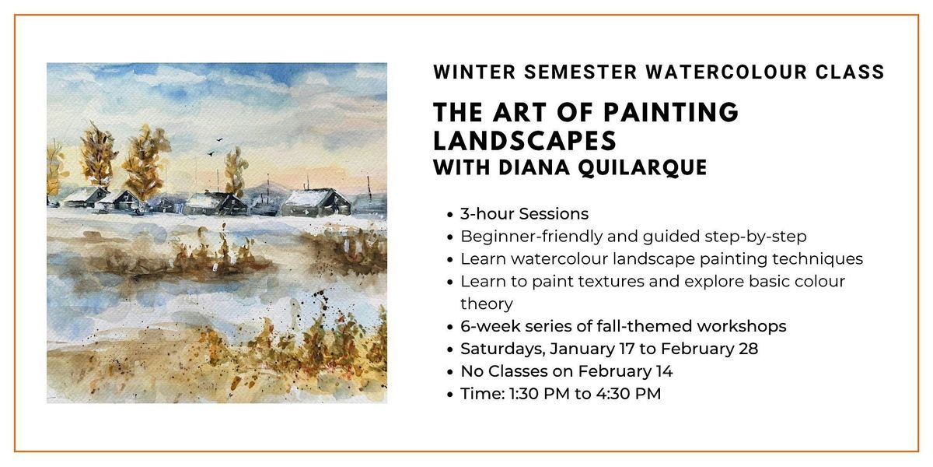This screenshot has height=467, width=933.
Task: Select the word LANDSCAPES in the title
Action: coord(525,140)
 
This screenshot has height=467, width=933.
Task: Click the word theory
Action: coord(486,304)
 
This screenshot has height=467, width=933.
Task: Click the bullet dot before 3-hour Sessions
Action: coord(449,214)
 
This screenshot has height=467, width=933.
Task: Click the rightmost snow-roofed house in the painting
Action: coord(316,202)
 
